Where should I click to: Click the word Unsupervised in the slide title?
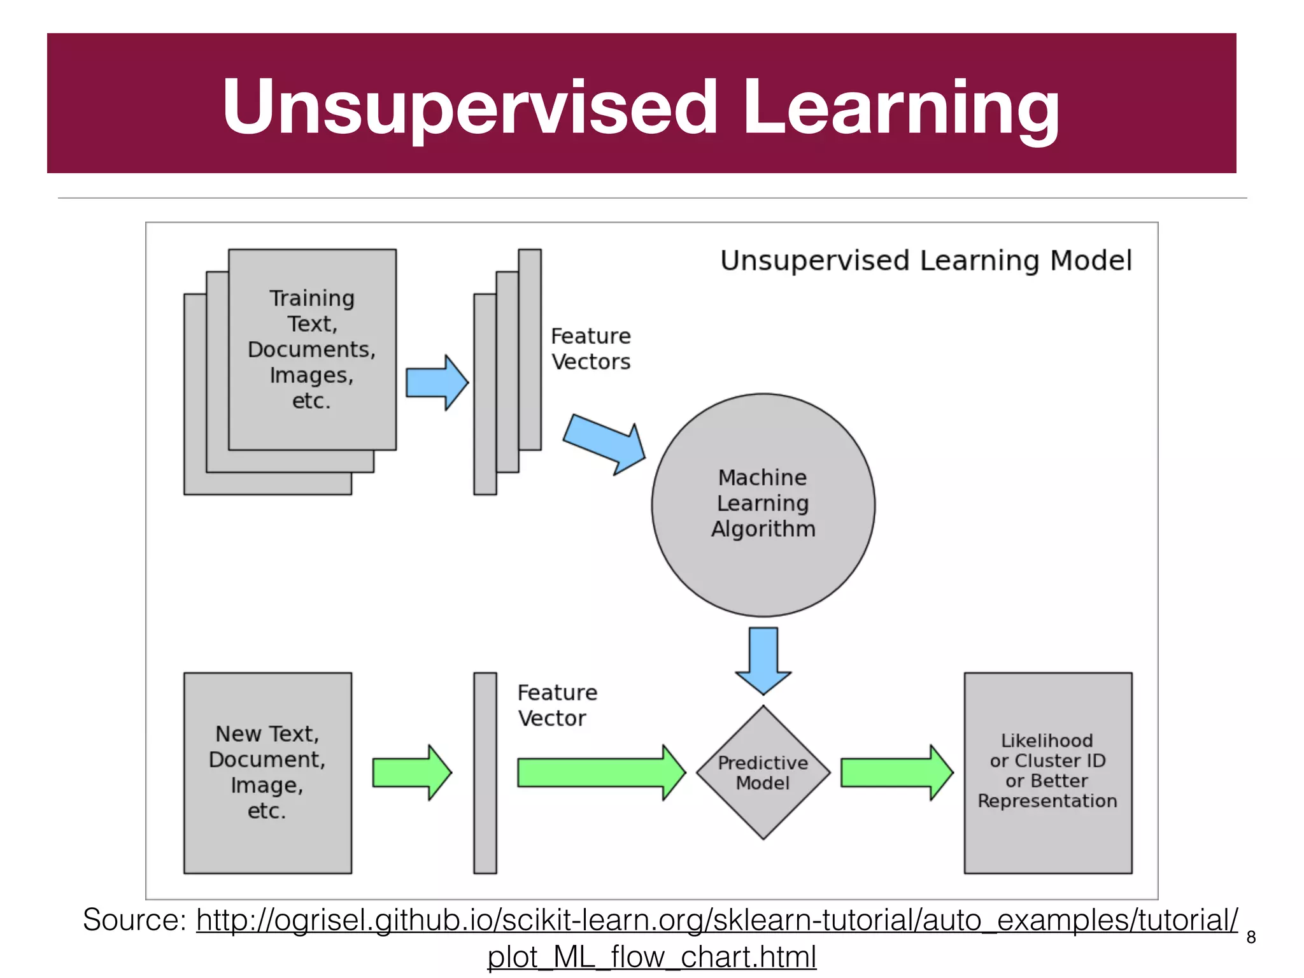470,107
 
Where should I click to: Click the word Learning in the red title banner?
900,107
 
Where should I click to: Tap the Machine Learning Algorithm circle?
763,504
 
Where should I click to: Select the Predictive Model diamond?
763,772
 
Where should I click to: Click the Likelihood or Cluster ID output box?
1047,772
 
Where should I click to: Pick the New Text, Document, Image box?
267,772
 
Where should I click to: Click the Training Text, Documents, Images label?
312,349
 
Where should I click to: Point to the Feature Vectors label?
590,349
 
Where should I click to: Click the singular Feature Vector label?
557,705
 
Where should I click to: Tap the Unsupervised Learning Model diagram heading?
926,261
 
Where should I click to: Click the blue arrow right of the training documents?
437,383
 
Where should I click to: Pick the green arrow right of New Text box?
411,772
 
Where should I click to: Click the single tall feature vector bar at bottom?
485,772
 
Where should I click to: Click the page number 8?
1251,937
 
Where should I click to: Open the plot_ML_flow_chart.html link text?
651,957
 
